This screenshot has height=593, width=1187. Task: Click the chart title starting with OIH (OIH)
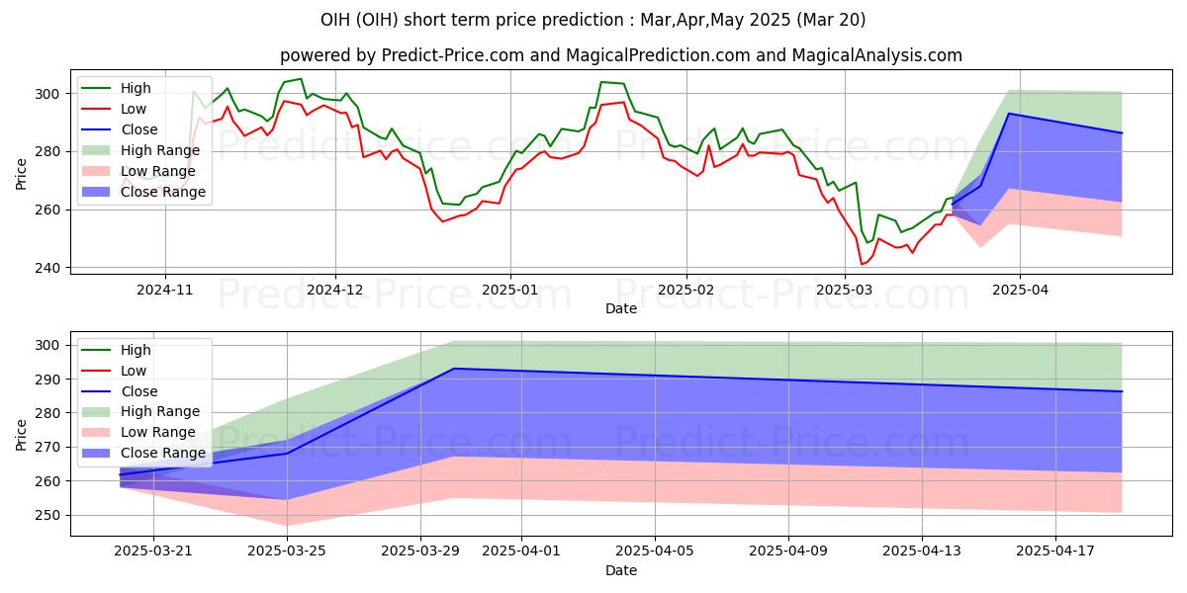pyautogui.click(x=593, y=20)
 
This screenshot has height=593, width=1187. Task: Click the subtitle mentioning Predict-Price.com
pyautogui.click(x=620, y=55)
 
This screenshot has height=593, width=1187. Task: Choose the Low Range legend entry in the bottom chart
pyautogui.click(x=159, y=432)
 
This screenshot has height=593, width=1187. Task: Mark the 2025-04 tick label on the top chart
pyautogui.click(x=1019, y=291)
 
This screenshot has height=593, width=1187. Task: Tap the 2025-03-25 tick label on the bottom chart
pyautogui.click(x=287, y=551)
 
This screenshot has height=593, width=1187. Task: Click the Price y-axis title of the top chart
pyautogui.click(x=22, y=174)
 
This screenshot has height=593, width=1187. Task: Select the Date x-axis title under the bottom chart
pyautogui.click(x=620, y=571)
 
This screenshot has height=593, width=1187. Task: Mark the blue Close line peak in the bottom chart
pyautogui.click(x=453, y=369)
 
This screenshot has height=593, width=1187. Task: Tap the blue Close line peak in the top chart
pyautogui.click(x=1009, y=114)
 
